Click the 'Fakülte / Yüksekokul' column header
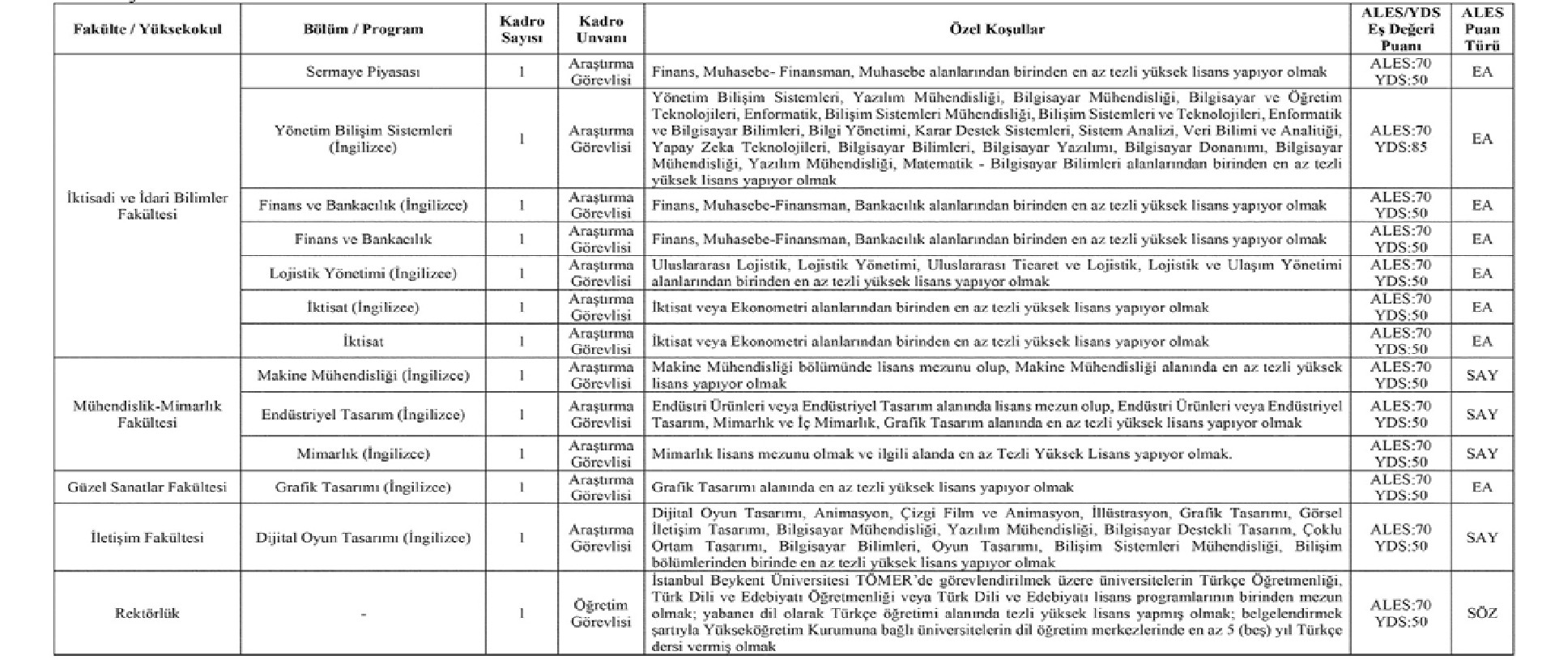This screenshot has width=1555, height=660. pyautogui.click(x=147, y=29)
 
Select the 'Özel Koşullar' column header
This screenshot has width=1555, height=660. pyautogui.click(x=996, y=29)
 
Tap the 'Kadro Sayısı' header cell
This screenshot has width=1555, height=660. pyautogui.click(x=522, y=29)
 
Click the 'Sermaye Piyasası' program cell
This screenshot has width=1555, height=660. pyautogui.click(x=363, y=71)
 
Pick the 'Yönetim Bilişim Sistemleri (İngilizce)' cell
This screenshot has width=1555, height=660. pyautogui.click(x=363, y=138)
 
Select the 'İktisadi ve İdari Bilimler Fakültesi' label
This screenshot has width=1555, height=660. pyautogui.click(x=147, y=206)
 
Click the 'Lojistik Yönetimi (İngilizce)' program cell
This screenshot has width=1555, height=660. pyautogui.click(x=363, y=274)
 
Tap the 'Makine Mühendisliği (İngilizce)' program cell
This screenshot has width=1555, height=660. pyautogui.click(x=363, y=376)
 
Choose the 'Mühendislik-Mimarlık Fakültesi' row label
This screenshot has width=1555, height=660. pyautogui.click(x=147, y=414)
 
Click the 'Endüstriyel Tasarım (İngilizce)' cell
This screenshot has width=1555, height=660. pyautogui.click(x=363, y=415)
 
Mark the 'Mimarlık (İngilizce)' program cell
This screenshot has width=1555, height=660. pyautogui.click(x=363, y=453)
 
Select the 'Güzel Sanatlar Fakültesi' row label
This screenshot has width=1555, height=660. pyautogui.click(x=147, y=488)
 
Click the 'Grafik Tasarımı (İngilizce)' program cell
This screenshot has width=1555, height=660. pyautogui.click(x=363, y=488)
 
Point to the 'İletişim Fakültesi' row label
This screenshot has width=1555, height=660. pyautogui.click(x=147, y=538)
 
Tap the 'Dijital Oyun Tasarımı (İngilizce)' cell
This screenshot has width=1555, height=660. pyautogui.click(x=363, y=538)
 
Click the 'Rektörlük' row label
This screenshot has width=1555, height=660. pyautogui.click(x=147, y=613)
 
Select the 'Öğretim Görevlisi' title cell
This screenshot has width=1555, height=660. pyautogui.click(x=600, y=613)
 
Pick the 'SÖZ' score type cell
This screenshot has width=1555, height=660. pyautogui.click(x=1482, y=613)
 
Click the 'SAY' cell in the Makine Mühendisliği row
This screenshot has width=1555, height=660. pyautogui.click(x=1482, y=376)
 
